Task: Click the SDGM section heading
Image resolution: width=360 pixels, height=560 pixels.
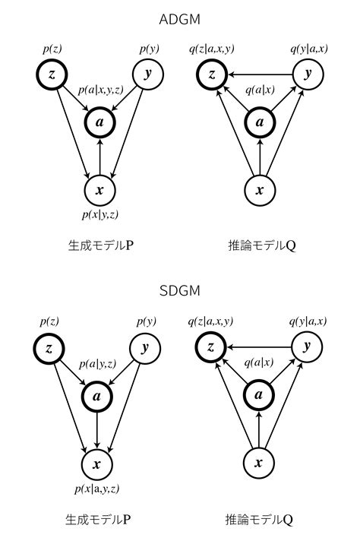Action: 179,293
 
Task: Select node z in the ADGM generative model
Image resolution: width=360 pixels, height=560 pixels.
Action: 52,74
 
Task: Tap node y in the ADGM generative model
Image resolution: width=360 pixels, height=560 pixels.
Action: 148,74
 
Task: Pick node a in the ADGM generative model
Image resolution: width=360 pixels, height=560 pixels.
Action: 100,122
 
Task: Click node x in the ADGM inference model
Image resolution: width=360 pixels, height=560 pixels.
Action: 260,189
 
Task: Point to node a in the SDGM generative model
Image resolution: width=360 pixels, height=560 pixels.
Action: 96,396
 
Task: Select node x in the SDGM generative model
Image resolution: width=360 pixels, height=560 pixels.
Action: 96,464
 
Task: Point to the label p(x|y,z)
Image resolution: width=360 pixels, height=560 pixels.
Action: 99,215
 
